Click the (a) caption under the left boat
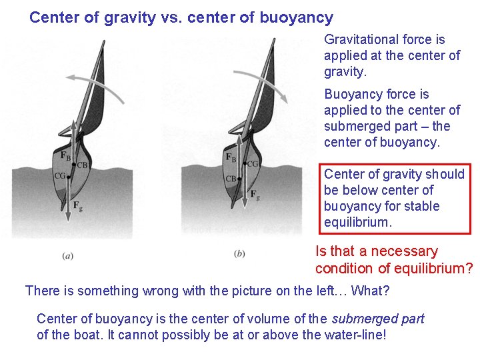point(67,255)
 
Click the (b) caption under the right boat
point(239,254)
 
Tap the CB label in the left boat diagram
point(83,165)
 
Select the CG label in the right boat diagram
point(253,164)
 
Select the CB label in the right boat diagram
point(231,179)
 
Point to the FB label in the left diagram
point(65,155)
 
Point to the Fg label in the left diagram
point(78,205)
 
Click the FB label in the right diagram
point(231,158)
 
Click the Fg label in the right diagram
point(255,194)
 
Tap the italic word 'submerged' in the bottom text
point(377,319)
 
